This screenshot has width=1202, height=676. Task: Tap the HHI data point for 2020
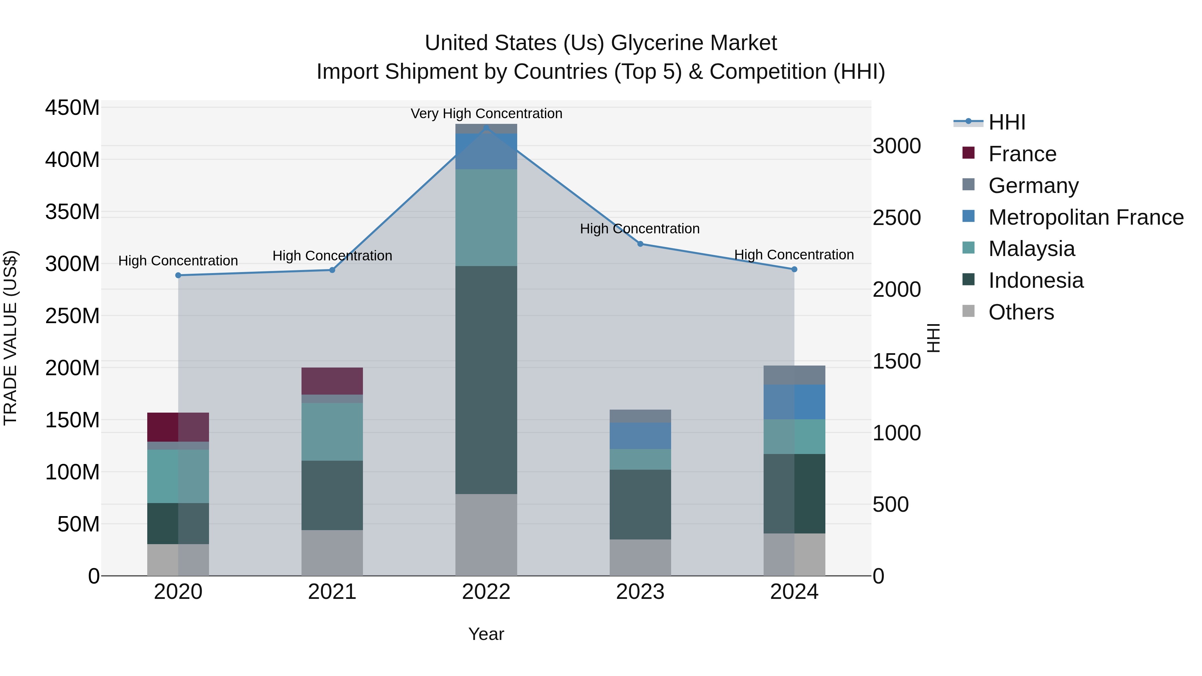[178, 275]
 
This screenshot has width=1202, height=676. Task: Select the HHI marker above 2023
[640, 244]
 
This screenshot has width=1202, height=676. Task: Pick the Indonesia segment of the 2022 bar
[486, 380]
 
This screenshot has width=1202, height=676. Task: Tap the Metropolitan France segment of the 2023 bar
[640, 436]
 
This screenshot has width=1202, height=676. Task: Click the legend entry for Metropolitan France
[1085, 217]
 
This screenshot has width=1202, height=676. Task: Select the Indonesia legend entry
[1035, 280]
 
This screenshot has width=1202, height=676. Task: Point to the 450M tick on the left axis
[72, 108]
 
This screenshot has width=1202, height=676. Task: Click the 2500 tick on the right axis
[896, 218]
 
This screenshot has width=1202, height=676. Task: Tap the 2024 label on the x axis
[794, 592]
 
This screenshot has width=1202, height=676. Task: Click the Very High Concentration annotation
[486, 114]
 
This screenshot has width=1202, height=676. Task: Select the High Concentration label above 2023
[640, 229]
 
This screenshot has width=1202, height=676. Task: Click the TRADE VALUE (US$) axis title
[10, 338]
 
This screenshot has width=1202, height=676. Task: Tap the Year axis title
[486, 634]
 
